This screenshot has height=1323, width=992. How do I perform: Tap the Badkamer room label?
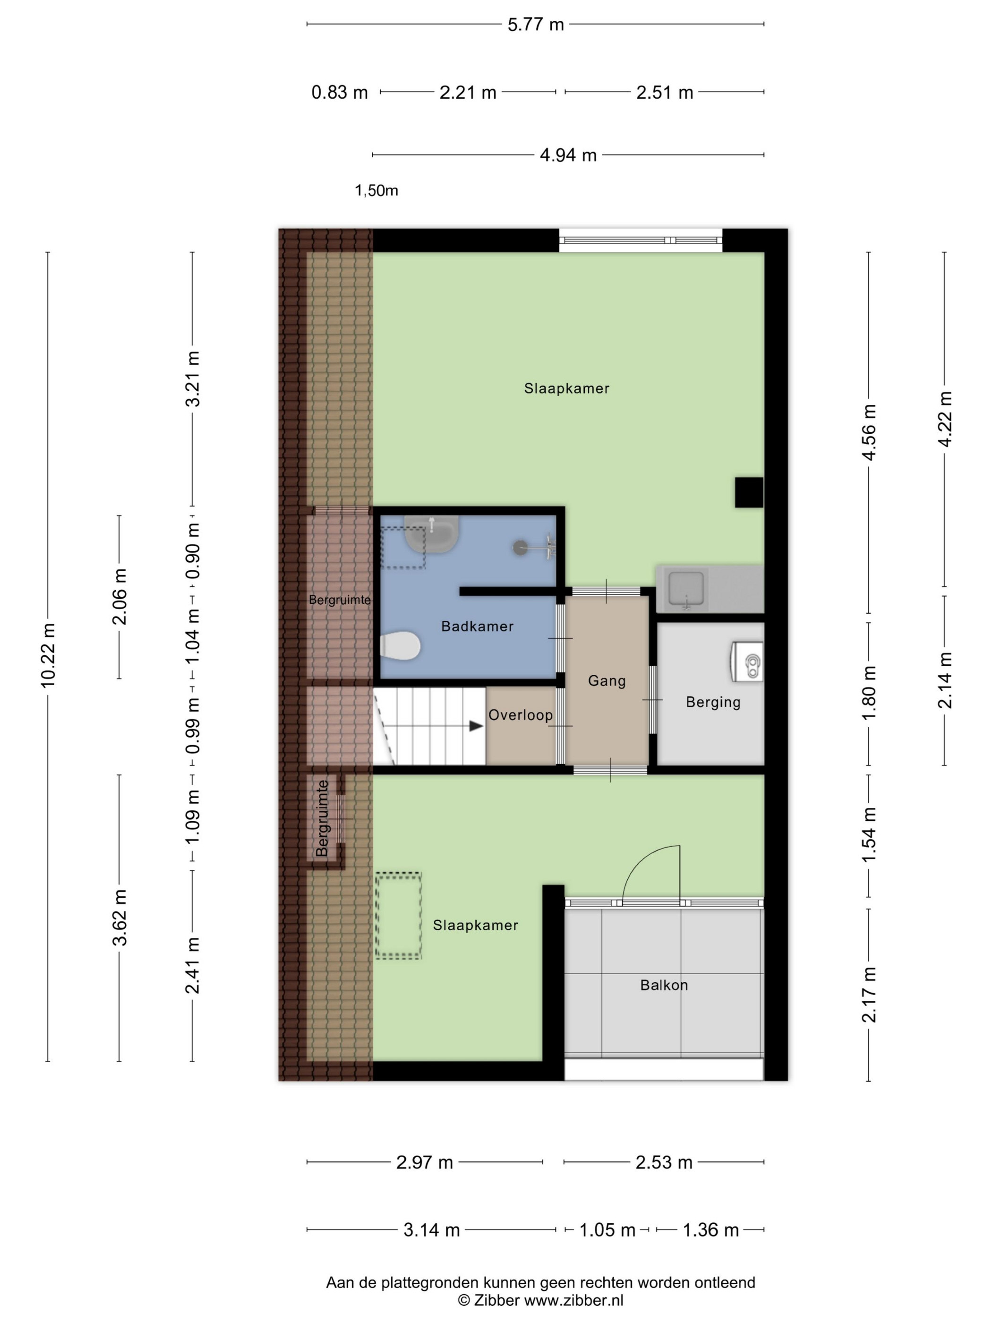pyautogui.click(x=477, y=626)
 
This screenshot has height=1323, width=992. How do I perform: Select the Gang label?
pyautogui.click(x=607, y=681)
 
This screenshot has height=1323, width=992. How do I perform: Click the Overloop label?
pyautogui.click(x=520, y=715)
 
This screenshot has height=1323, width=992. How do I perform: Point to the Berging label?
pyautogui.click(x=713, y=702)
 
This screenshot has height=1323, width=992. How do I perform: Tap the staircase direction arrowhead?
pyautogui.click(x=476, y=726)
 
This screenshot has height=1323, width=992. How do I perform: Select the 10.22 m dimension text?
pyautogui.click(x=48, y=655)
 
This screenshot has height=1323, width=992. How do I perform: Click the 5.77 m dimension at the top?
pyautogui.click(x=536, y=25)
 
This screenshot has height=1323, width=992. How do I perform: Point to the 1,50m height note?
pyautogui.click(x=376, y=191)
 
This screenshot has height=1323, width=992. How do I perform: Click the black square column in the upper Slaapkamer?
pyautogui.click(x=749, y=492)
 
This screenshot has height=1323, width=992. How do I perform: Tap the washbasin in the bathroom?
pyautogui.click(x=432, y=533)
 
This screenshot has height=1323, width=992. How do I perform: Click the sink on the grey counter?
pyautogui.click(x=686, y=589)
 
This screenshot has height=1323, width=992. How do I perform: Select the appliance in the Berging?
pyautogui.click(x=747, y=661)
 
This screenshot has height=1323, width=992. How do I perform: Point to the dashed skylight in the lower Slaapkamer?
pyautogui.click(x=398, y=916)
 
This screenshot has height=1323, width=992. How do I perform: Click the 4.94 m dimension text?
pyautogui.click(x=568, y=155)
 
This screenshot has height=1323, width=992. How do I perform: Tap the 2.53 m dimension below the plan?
pyautogui.click(x=664, y=1162)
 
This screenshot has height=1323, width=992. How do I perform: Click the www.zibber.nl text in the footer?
pyautogui.click(x=574, y=1300)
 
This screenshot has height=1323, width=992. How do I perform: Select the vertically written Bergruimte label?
pyautogui.click(x=322, y=818)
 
